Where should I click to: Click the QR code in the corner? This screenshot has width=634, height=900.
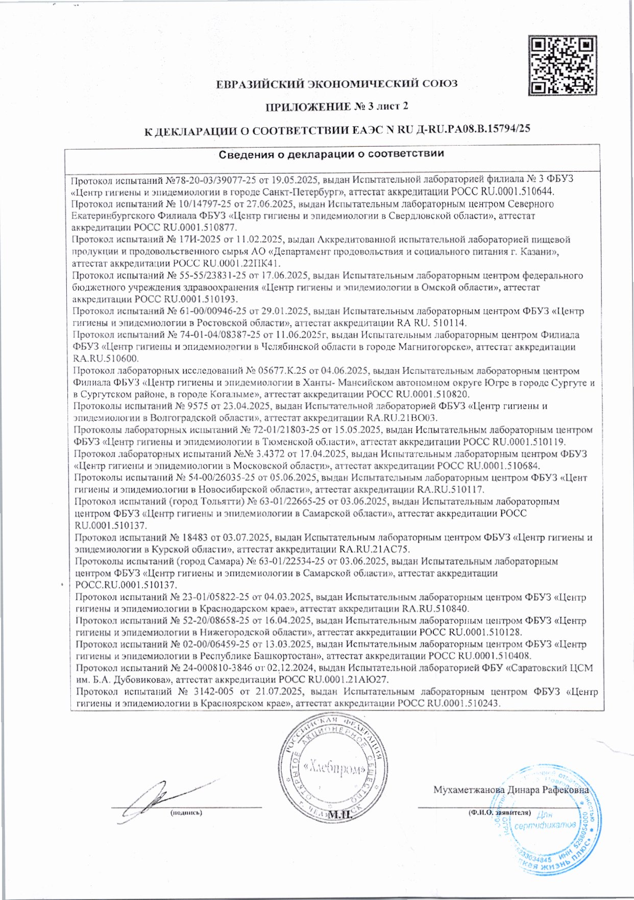click(562, 65)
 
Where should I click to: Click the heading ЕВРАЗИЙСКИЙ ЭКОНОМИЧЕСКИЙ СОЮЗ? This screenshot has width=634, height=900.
click(336, 84)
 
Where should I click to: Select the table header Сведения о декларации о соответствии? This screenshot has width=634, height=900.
click(331, 154)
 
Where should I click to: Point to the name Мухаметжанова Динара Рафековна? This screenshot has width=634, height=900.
click(510, 789)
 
